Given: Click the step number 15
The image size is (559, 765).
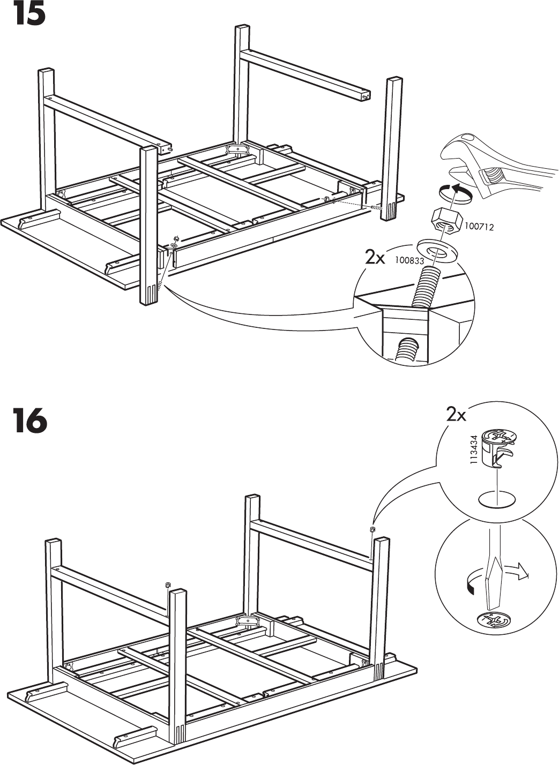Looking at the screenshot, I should (x=29, y=14).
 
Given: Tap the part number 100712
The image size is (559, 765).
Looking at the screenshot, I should (x=479, y=227).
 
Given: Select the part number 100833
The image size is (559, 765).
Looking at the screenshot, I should (x=409, y=261).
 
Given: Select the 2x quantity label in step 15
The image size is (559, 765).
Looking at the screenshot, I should (x=375, y=258).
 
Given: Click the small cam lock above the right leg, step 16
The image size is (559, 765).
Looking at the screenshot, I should (x=372, y=530).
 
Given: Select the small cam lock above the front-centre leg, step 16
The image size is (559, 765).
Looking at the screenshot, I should (x=168, y=584).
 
